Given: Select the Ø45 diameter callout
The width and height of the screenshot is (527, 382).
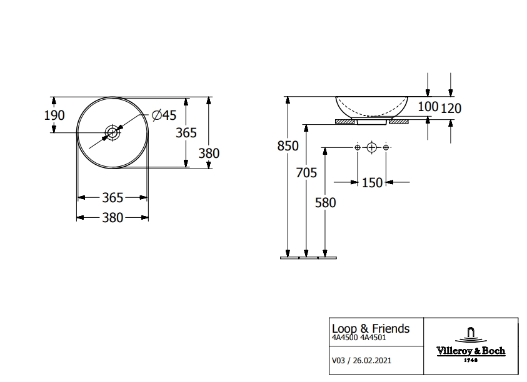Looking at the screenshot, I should pyautogui.click(x=164, y=115).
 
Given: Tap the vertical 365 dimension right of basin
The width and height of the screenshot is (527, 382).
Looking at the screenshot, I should pyautogui.click(x=186, y=132).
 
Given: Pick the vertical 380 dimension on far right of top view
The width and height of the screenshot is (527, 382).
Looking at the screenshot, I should pyautogui.click(x=208, y=153).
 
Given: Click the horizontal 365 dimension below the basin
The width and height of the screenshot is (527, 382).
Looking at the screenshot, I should pyautogui.click(x=113, y=198).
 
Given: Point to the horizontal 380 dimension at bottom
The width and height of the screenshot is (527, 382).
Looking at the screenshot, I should pyautogui.click(x=113, y=218).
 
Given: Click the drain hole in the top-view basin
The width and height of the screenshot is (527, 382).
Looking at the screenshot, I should pyautogui.click(x=113, y=132).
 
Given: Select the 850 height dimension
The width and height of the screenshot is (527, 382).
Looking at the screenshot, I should pyautogui.click(x=288, y=146).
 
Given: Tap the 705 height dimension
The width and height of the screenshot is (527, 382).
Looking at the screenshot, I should pyautogui.click(x=306, y=173).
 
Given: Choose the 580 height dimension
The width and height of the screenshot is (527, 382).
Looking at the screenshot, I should pyautogui.click(x=325, y=203).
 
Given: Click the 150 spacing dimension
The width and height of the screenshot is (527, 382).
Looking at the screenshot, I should pyautogui.click(x=371, y=182).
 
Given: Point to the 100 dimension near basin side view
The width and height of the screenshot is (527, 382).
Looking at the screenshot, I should pyautogui.click(x=428, y=107).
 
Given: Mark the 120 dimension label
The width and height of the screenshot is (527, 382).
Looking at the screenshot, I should pyautogui.click(x=451, y=109).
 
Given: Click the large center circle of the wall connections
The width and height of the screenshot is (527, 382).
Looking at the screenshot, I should pyautogui.click(x=371, y=147).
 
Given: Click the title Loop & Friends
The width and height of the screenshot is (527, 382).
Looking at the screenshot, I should pyautogui.click(x=370, y=328).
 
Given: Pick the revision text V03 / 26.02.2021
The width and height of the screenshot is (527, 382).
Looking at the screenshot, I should pyautogui.click(x=362, y=360).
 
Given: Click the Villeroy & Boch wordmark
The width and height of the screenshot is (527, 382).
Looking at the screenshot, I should pyautogui.click(x=471, y=351).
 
